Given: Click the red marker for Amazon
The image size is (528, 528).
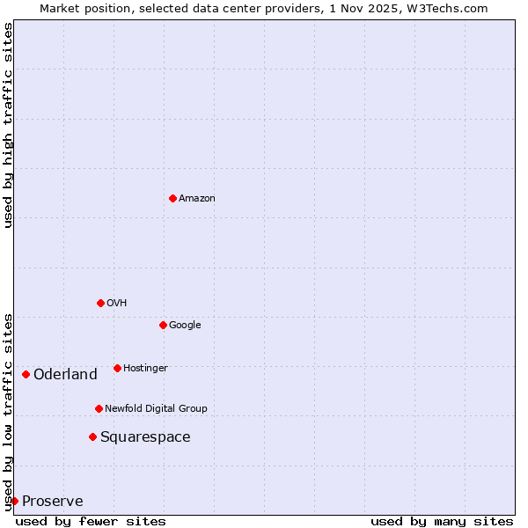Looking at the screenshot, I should pos(172,198).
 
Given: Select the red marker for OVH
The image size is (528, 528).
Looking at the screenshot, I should pos(100,303).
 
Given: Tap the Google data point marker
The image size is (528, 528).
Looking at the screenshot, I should pos(163,325).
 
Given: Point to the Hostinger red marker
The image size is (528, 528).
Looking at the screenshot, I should pos(117,368).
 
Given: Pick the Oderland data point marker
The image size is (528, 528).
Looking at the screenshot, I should pos(26,374).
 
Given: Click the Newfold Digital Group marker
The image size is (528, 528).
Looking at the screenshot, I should pos(99,408).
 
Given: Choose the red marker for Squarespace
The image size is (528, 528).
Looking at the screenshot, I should pos(92,436).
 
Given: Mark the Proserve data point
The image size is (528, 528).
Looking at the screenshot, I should pos(14,501).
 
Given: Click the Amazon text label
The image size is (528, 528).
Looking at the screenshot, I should pos(197,199).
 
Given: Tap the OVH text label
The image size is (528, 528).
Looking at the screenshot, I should pos(117,304).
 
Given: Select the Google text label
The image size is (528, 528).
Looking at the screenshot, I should pos(185,326).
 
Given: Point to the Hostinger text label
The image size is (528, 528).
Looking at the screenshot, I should pos(145,369).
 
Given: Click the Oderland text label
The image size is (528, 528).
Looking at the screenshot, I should pos(65,375).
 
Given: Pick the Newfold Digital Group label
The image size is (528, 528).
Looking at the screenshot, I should pos(156,409).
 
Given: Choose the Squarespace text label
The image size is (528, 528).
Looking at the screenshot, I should pos(145,437).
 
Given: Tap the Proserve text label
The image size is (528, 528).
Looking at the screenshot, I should pos(53,502).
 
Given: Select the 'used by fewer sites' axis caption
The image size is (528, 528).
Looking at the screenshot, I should pos(91,521).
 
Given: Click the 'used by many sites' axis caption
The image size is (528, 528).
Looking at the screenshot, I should pos(442,521).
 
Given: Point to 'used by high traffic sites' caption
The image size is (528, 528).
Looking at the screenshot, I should pos(8,125).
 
